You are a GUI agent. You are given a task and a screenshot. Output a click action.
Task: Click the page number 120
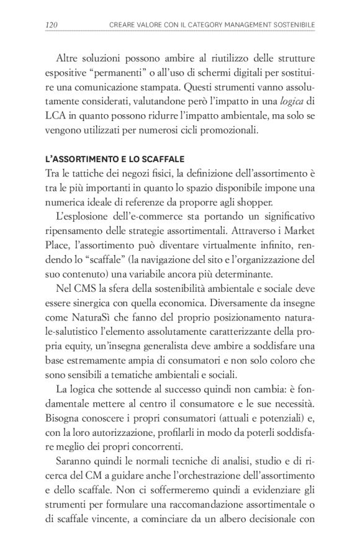pos(52,25)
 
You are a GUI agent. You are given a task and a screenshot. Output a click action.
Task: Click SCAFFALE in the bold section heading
pos(156,160)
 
